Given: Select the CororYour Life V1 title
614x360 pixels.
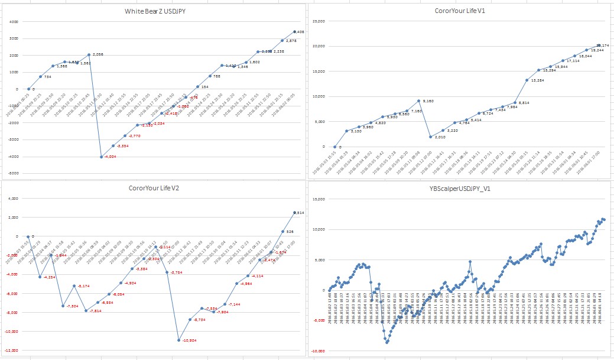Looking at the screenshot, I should (460, 10).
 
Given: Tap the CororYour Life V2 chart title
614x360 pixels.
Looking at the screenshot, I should (154, 188).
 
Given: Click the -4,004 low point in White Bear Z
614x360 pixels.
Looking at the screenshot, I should (101, 157).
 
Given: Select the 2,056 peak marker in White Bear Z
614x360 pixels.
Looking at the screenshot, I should (89, 54).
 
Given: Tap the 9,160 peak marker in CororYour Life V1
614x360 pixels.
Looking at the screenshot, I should (418, 101).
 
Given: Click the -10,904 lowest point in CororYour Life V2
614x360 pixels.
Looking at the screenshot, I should (178, 340).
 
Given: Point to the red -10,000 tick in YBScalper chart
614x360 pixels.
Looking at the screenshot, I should (317, 351).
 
